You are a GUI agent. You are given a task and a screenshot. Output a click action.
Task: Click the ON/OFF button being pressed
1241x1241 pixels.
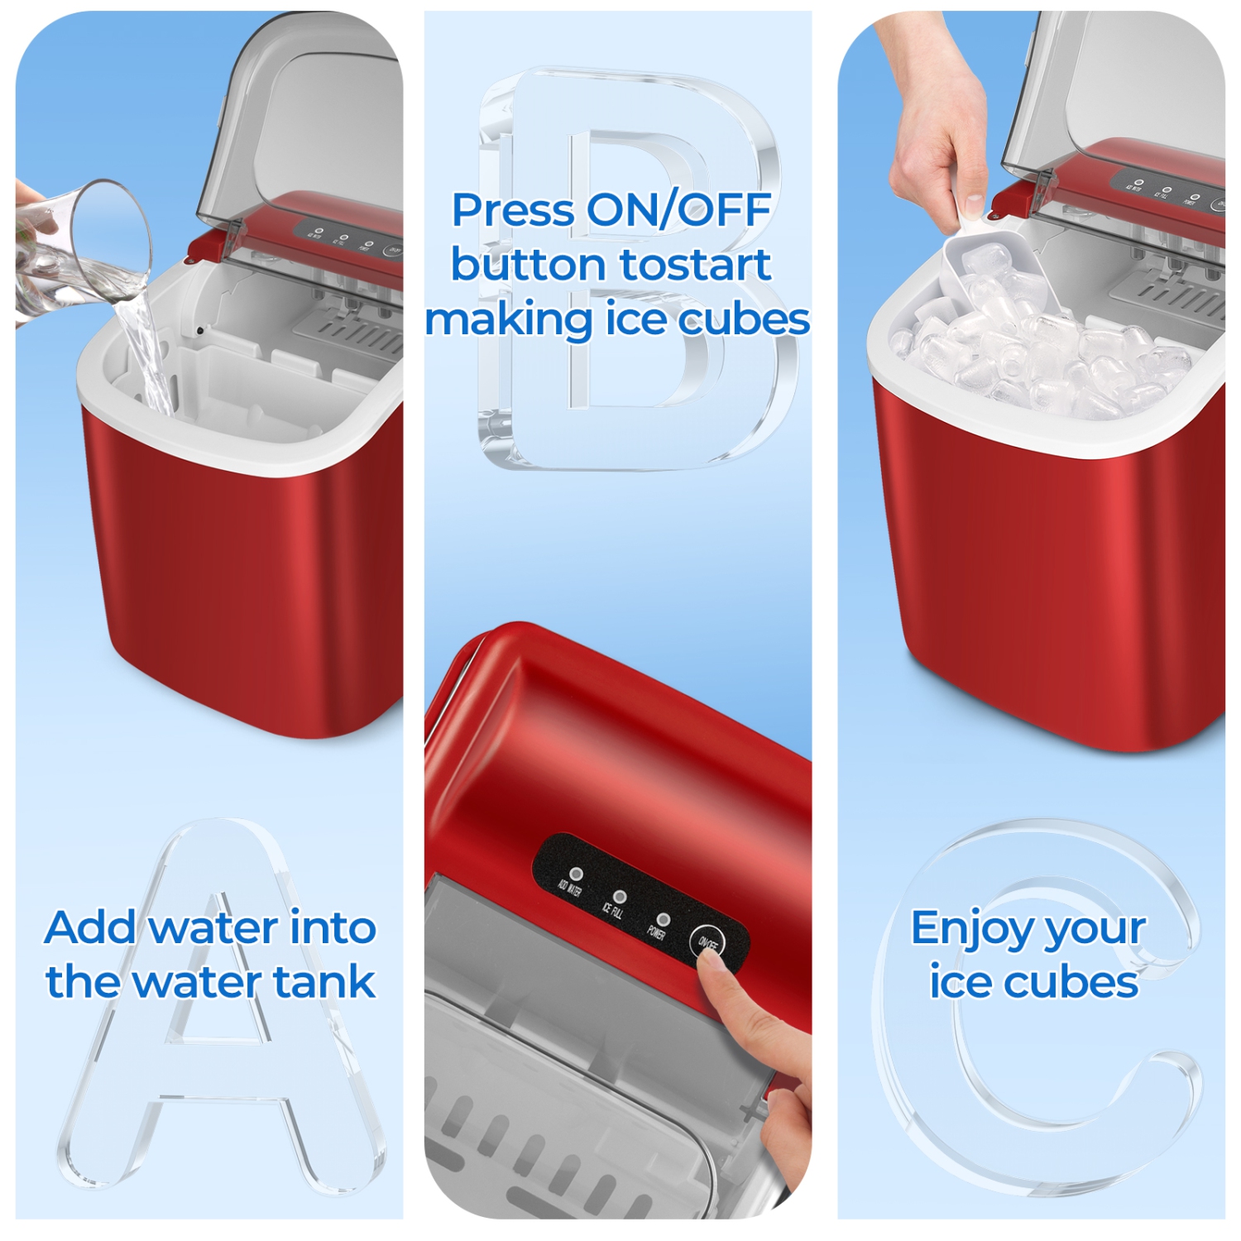[707, 942]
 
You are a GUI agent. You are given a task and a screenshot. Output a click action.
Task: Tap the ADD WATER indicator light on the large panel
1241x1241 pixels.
[577, 874]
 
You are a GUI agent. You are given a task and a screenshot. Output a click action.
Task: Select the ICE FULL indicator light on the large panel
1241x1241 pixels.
[620, 897]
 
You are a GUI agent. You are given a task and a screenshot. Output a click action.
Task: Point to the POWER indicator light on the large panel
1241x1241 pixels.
[663, 919]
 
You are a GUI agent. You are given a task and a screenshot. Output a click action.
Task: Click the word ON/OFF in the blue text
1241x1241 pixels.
[678, 210]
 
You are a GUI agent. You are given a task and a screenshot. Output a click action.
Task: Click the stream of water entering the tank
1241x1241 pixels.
[149, 356]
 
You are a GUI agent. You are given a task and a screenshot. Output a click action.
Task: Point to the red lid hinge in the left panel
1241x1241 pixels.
[207, 246]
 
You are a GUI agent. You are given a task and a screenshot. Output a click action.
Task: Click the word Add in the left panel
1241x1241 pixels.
[91, 927]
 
